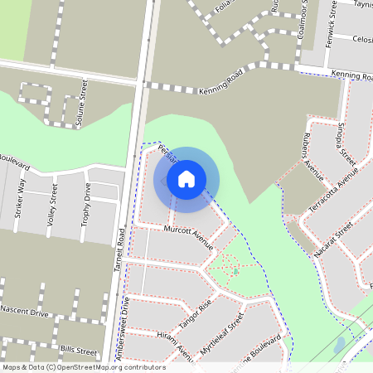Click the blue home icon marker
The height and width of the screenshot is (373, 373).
[186, 178]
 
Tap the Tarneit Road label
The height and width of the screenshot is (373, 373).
[119, 248]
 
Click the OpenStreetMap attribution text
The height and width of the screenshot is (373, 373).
[83, 367]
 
